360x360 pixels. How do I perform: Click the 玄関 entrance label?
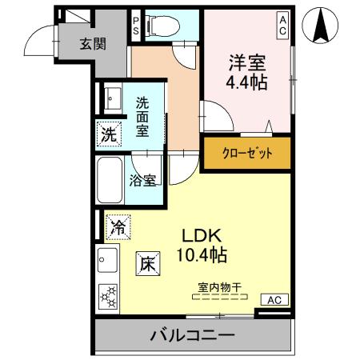point(92,44)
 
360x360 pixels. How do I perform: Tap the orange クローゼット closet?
point(246,153)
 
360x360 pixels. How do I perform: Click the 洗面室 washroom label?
point(142,116)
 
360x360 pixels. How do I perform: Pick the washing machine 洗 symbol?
point(108,134)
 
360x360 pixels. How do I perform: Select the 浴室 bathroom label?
point(144,180)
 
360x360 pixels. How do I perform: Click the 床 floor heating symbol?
point(146,262)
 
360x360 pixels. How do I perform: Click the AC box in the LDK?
point(273,300)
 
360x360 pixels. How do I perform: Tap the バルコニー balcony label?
point(192,335)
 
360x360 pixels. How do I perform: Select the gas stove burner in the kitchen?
point(107,296)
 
